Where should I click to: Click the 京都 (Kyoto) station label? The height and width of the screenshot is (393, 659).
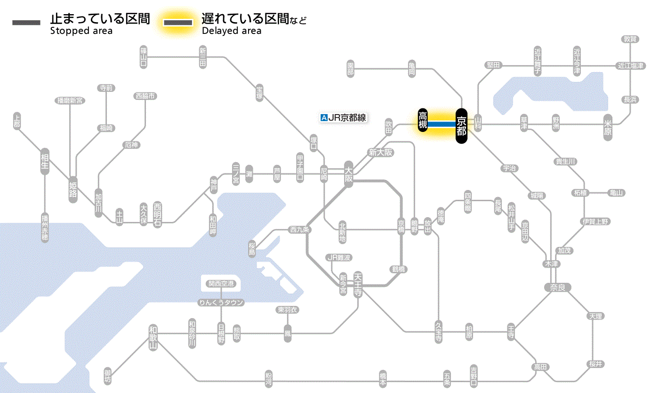(461, 125)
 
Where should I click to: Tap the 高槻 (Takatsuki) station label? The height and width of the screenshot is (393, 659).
(423, 121)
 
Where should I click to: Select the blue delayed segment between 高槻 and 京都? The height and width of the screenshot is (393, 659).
(442, 123)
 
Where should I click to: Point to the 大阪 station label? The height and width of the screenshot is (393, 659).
(349, 175)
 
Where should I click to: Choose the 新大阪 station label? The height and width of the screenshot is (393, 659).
(380, 152)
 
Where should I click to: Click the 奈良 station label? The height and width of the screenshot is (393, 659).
(557, 287)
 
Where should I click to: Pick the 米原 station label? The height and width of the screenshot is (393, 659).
(609, 128)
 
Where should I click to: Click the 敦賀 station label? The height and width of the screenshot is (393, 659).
(630, 39)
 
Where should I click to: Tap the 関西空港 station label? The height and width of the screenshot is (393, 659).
(221, 283)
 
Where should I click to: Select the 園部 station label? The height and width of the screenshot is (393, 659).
(350, 69)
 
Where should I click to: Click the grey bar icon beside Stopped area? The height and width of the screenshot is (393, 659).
(26, 23)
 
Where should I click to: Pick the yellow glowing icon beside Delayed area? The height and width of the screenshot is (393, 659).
(177, 23)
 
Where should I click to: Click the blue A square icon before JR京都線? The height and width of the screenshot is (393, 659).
(323, 118)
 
